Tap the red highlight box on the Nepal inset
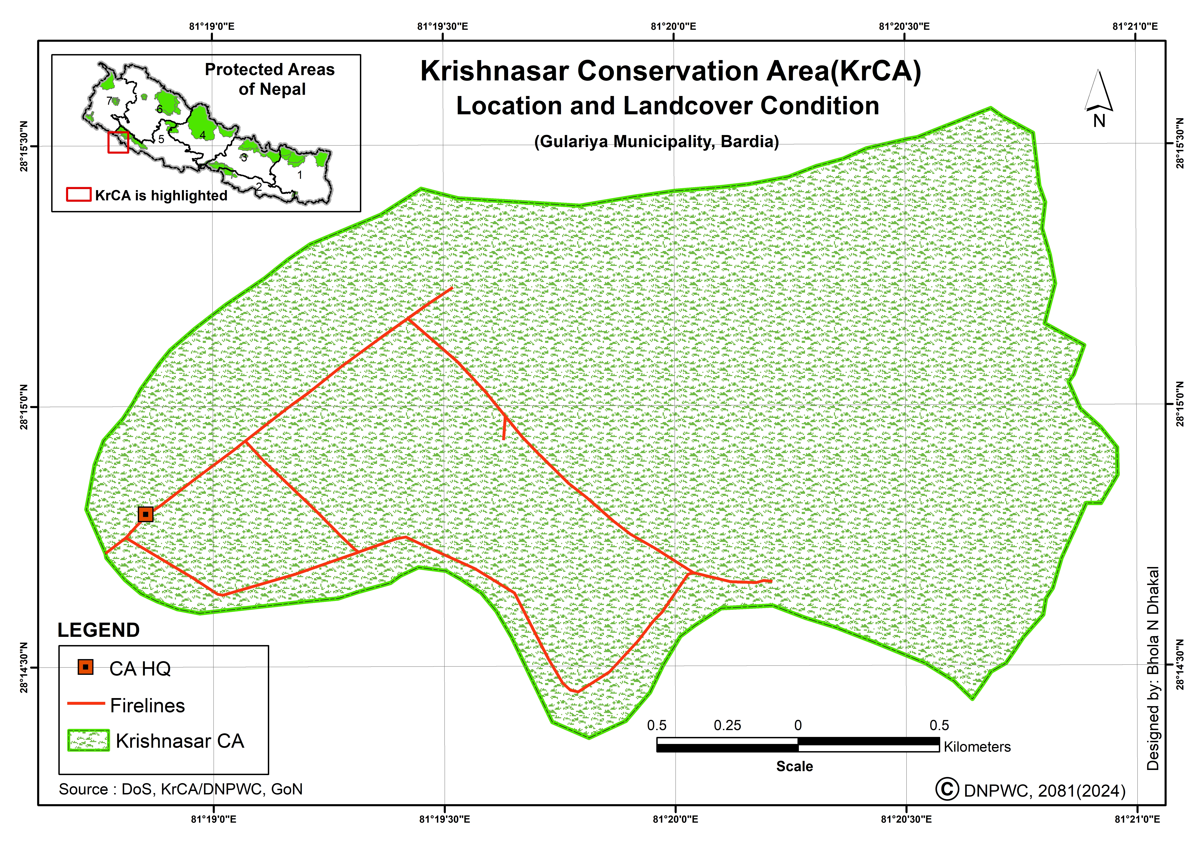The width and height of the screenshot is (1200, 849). (x=118, y=142)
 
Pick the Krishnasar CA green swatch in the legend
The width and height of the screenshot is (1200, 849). (x=88, y=740)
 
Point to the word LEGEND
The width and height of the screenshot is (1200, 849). (x=98, y=630)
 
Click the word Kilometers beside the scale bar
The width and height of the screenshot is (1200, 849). (x=977, y=747)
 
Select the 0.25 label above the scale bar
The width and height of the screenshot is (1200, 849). (x=727, y=725)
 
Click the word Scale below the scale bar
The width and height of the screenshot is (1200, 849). (x=794, y=766)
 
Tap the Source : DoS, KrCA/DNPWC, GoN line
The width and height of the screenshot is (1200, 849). (x=180, y=789)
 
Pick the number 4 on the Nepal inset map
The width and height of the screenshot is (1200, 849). (x=202, y=135)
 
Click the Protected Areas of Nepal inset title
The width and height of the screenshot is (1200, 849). (x=270, y=79)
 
